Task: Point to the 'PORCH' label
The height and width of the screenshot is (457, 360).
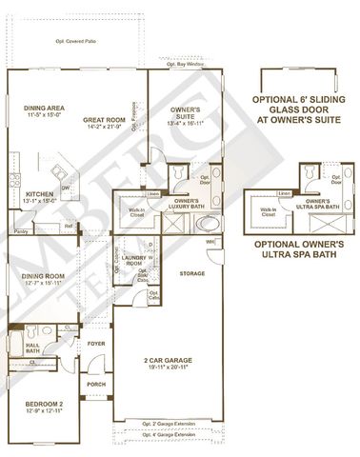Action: (x=95, y=385)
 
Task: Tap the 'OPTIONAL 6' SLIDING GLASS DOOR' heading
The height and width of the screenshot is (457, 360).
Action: (x=301, y=106)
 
